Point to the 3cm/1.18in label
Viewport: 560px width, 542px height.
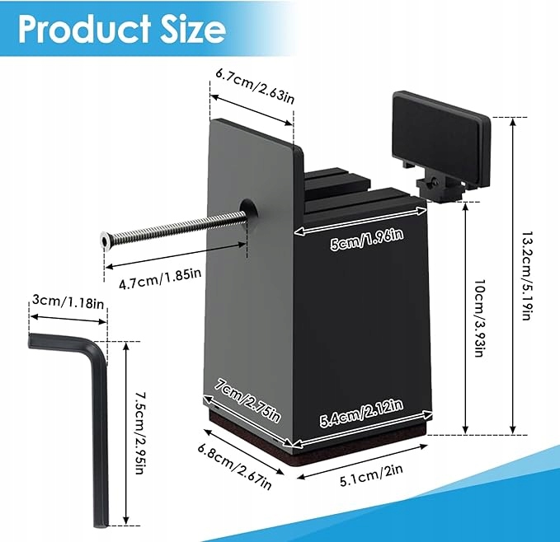click(x=68, y=302)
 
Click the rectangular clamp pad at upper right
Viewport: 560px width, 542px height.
click(x=438, y=138)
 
